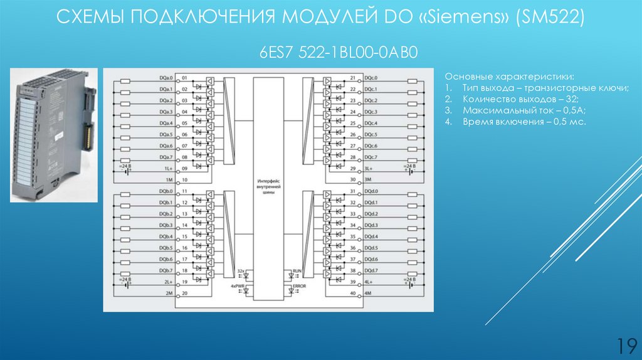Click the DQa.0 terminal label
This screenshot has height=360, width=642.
point(166,78)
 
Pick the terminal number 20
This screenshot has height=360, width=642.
point(185,294)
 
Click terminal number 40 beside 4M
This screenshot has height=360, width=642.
point(353,294)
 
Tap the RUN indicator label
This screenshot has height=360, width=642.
point(297,270)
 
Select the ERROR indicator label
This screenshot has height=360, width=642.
point(300,286)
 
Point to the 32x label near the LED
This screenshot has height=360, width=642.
point(240,270)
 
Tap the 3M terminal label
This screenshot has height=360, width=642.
point(370,179)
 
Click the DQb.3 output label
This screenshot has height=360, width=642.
point(166,225)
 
